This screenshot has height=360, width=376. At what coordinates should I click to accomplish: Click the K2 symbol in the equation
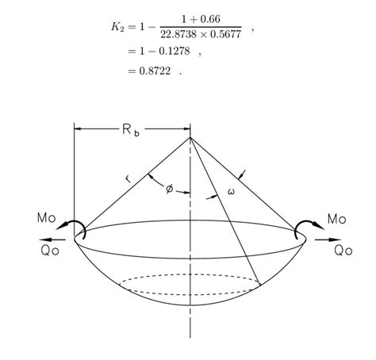(x=117, y=27)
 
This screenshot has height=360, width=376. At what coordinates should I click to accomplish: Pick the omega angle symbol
(x=231, y=191)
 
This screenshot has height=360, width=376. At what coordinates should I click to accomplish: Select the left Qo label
(x=47, y=251)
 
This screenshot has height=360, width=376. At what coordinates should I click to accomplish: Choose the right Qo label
(x=343, y=251)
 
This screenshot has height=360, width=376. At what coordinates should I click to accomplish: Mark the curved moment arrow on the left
(x=76, y=228)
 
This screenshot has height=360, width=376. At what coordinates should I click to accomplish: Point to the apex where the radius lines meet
(x=190, y=138)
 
